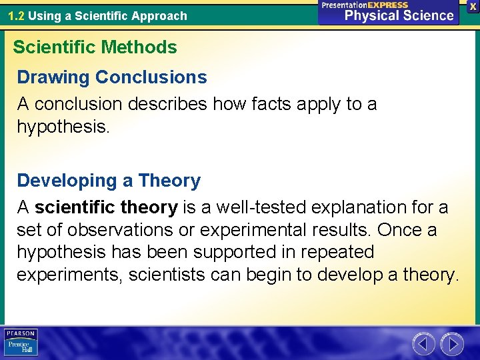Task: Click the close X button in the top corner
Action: (471, 6)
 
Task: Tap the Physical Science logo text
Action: (399, 15)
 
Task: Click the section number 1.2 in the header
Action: (17, 15)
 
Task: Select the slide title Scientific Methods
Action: (95, 47)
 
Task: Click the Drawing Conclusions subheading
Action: (112, 77)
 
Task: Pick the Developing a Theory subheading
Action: (109, 181)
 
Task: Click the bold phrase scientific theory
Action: (106, 207)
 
